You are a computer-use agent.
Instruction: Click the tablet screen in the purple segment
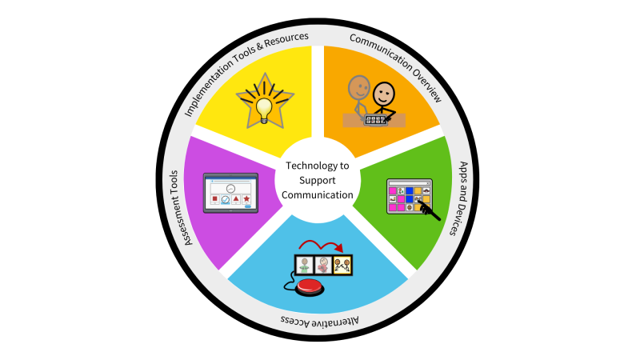[x=230, y=193]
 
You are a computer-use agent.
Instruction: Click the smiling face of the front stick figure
[x=385, y=94]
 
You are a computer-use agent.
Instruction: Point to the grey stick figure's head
[x=357, y=85]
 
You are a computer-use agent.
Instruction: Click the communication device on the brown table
[x=374, y=120]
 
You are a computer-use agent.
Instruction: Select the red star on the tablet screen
[x=246, y=198]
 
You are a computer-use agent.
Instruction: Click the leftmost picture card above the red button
[x=305, y=266]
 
